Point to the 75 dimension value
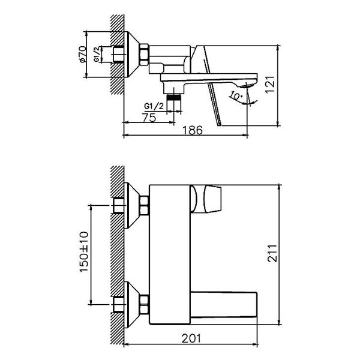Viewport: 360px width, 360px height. [x=149, y=118]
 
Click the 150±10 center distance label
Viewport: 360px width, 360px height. [x=83, y=253]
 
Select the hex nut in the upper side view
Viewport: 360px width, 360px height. [x=144, y=55]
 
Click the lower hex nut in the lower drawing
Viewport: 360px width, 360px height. [x=144, y=300]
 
